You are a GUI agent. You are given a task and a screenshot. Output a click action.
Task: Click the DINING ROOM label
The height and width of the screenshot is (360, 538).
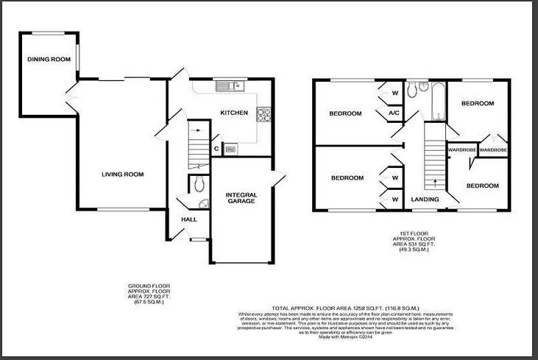pos(49,59)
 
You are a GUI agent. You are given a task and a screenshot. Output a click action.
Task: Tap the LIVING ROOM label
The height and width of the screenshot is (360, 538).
pos(122,174)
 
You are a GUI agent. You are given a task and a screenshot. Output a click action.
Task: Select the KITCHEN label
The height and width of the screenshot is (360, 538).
pos(235,113)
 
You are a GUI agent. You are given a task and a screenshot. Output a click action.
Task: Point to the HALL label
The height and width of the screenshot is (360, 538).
pos(188,219)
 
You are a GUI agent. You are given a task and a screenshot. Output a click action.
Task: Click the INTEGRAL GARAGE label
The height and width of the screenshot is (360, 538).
pos(241,198)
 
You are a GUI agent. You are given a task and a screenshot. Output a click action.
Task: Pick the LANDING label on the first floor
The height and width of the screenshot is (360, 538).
pos(425,200)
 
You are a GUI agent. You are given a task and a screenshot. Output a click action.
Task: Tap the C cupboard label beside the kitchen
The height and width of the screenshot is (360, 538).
pos(216,148)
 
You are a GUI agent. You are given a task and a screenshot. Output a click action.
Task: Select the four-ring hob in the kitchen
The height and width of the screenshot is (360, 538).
pos(263,114)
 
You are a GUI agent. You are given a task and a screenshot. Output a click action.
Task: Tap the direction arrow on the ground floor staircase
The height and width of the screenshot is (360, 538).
pos(196,130)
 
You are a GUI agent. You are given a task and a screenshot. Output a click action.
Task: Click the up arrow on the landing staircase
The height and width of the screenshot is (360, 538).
pos(436,181)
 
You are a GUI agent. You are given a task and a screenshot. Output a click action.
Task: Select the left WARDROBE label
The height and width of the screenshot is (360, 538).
pos(461,150)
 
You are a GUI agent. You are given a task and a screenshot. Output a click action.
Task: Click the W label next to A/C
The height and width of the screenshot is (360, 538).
pos(394,93)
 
